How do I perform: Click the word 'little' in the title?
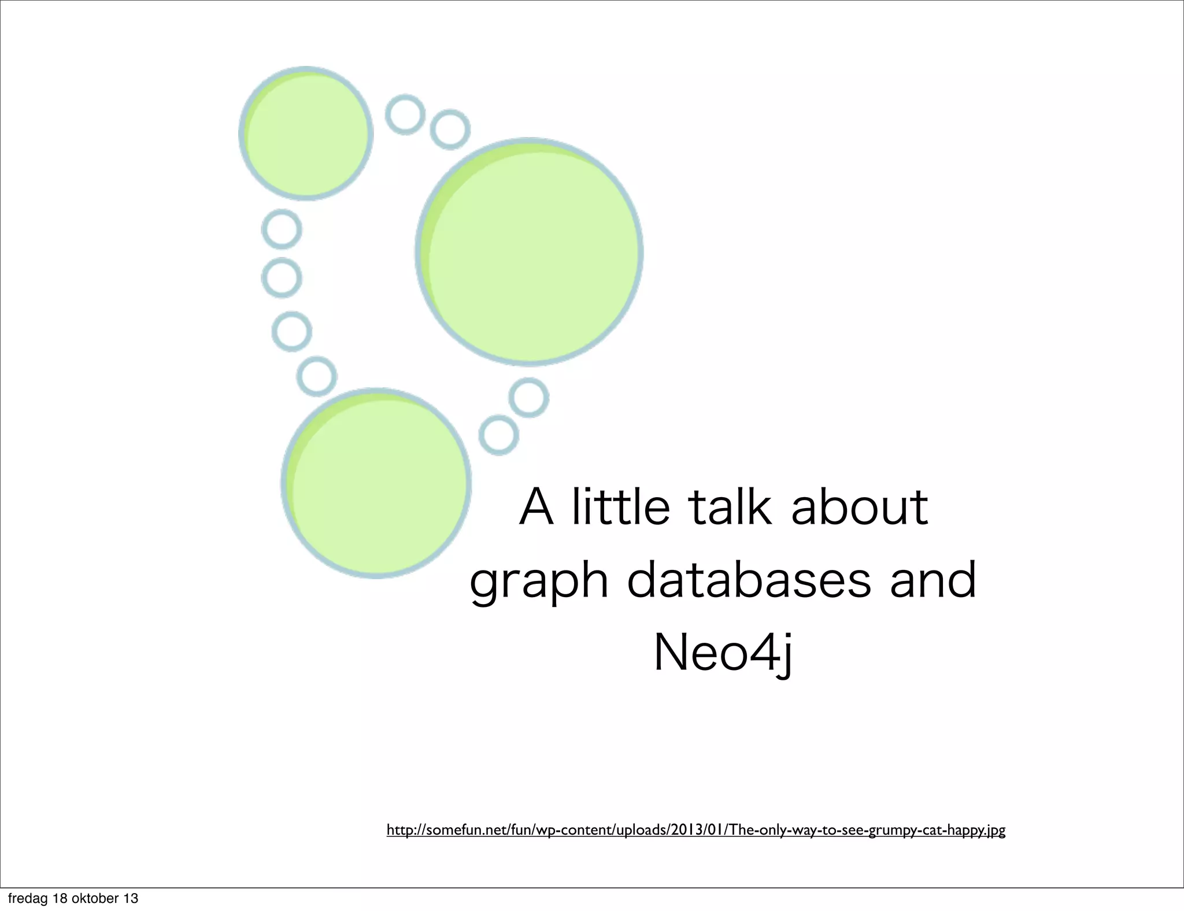coord(620,507)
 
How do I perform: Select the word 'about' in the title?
coord(859,507)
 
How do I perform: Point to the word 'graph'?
coord(539,582)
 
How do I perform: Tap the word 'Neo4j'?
coord(723,654)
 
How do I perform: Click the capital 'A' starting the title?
coord(536,507)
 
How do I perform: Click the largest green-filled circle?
coord(530,252)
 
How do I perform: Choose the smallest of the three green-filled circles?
coord(306,134)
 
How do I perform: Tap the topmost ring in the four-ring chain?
coord(282,229)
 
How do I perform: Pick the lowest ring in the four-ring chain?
coord(317,376)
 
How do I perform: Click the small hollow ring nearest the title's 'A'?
coord(498,435)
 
